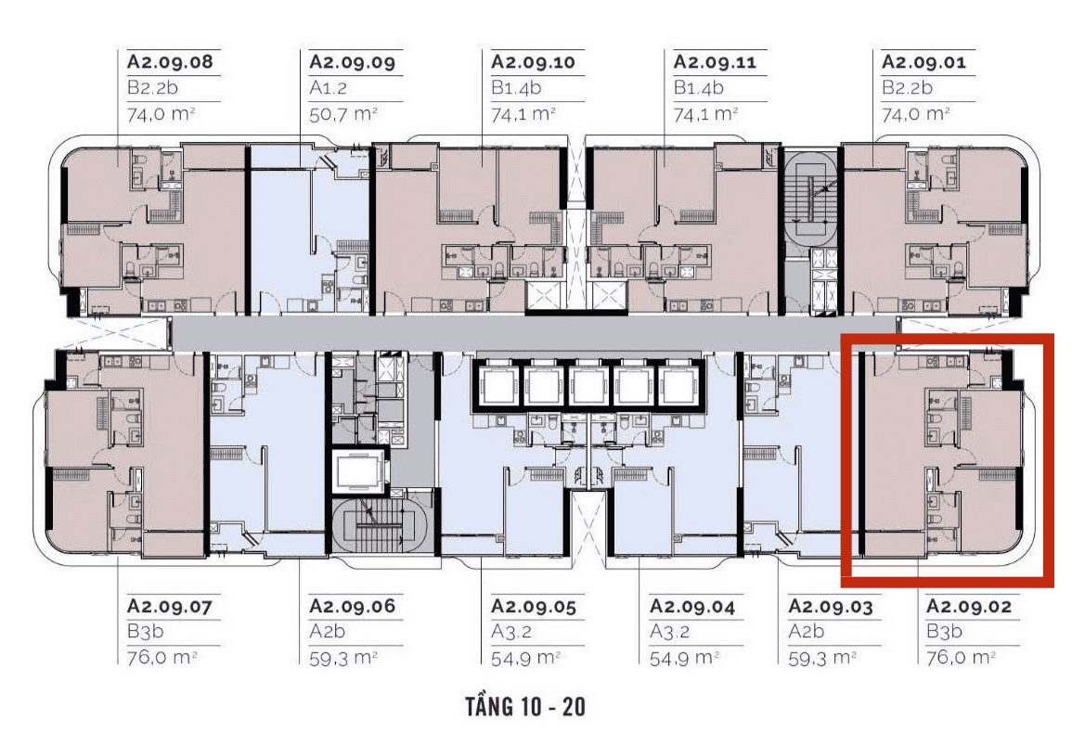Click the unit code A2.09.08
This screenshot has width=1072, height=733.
pos(170,61)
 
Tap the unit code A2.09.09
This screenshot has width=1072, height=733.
pos(352,61)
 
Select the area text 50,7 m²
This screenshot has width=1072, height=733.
pos(343,113)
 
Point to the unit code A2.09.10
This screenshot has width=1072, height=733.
pos(534,61)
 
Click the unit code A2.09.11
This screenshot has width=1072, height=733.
pos(715,61)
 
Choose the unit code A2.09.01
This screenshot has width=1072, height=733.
pos(923,61)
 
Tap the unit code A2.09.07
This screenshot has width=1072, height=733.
pos(170,606)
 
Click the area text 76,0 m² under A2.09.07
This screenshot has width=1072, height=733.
pos(162,657)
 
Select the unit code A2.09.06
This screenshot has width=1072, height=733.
pos(352,606)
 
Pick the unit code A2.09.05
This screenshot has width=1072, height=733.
pos(534,606)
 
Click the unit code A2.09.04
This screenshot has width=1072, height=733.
pos(691,606)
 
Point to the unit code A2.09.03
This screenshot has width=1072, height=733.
pos(831,606)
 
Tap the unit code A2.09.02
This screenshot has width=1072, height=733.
pos(969,606)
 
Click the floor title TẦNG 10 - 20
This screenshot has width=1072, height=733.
pos(525,706)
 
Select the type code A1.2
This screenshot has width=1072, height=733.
pos(329,87)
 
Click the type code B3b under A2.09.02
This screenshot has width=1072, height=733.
pos(944,631)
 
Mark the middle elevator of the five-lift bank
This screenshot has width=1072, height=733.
pos(588,386)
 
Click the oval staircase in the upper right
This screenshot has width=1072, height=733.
pos(811,198)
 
